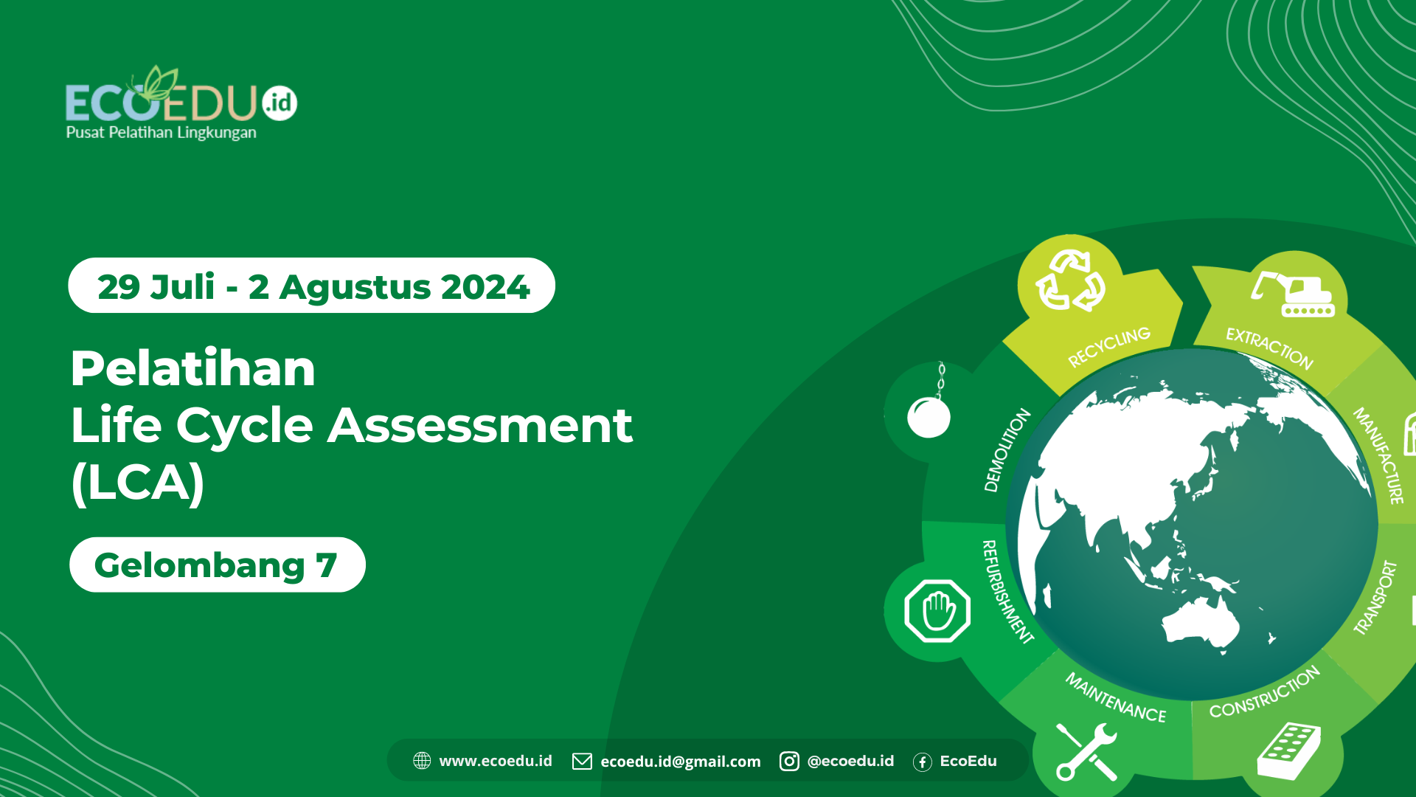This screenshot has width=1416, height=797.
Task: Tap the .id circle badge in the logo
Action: (280, 103)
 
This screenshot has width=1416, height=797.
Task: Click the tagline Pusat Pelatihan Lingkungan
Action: (162, 133)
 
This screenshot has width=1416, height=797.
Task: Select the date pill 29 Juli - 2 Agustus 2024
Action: (311, 286)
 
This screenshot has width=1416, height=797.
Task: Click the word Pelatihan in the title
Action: (193, 368)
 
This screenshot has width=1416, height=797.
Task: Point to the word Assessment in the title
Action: (480, 426)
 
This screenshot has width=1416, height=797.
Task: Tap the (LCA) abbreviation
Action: (138, 483)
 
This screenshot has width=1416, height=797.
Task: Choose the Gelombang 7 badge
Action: (217, 565)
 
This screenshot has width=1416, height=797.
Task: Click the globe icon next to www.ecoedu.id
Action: (422, 761)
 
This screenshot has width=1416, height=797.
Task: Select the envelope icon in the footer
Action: (582, 761)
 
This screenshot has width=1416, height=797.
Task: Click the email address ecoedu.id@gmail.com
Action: (680, 762)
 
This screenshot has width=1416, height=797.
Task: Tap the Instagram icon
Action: (789, 761)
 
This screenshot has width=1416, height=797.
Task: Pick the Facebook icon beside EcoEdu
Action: (922, 762)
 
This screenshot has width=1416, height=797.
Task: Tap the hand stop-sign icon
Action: (937, 610)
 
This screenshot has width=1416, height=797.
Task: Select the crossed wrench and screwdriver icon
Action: (1086, 751)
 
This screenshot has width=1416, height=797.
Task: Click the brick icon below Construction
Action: (1288, 751)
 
